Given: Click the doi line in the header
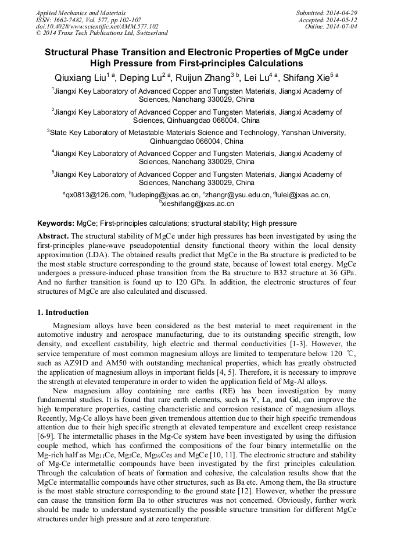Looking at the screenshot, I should point(97,26).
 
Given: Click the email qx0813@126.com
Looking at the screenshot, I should point(95,195).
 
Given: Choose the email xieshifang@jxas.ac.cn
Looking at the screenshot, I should point(198,204).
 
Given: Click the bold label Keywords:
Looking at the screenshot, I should point(56,223).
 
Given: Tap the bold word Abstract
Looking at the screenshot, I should point(53,236).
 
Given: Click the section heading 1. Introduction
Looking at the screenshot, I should point(63,312).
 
